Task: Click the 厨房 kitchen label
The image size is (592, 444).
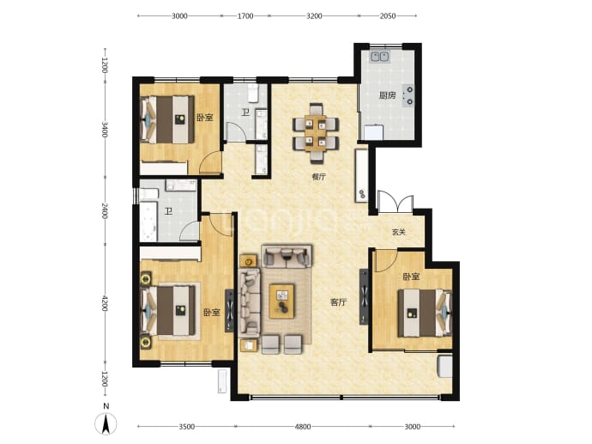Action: pyautogui.click(x=387, y=95)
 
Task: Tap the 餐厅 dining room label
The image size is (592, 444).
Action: pyautogui.click(x=318, y=176)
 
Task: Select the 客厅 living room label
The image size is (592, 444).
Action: pyautogui.click(x=338, y=302)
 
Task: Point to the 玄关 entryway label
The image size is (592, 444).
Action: pyautogui.click(x=399, y=232)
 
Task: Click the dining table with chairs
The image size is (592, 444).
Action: pyautogui.click(x=316, y=133)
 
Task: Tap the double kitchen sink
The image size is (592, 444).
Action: pyautogui.click(x=380, y=57)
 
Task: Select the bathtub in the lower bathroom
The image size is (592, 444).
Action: pyautogui.click(x=148, y=222)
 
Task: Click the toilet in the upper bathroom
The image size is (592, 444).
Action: pyautogui.click(x=253, y=93)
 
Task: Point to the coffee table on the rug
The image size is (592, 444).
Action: pyautogui.click(x=281, y=301)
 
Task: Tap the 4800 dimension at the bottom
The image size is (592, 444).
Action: pyautogui.click(x=302, y=427)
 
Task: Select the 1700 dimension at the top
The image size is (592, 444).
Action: pyautogui.click(x=245, y=15)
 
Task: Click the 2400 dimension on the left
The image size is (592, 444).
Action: pyautogui.click(x=105, y=210)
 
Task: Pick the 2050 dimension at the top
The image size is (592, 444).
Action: pyautogui.click(x=387, y=15)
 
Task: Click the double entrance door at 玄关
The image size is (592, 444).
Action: pyautogui.click(x=396, y=202)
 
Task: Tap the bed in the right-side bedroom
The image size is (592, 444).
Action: pyautogui.click(x=425, y=313)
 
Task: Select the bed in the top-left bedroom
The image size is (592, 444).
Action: pyautogui.click(x=167, y=119)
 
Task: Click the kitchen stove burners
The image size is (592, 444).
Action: pyautogui.click(x=409, y=95)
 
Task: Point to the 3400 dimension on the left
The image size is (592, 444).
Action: pyautogui.click(x=105, y=129)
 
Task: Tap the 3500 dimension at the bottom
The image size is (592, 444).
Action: pyautogui.click(x=186, y=427)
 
